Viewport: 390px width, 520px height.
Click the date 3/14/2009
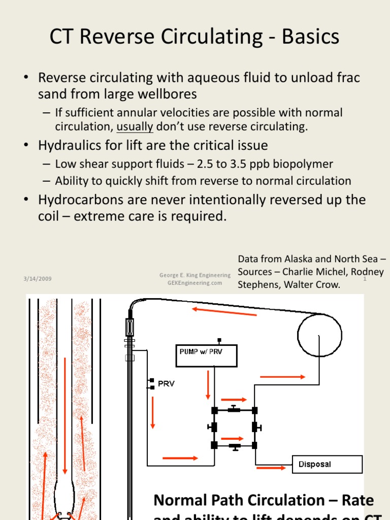[x=37, y=279]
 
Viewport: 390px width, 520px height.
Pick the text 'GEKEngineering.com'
[x=194, y=283]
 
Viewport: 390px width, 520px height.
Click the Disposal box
[x=328, y=464]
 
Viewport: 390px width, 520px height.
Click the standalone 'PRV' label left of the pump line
[x=166, y=384]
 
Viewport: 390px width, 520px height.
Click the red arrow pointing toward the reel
[x=282, y=377]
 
